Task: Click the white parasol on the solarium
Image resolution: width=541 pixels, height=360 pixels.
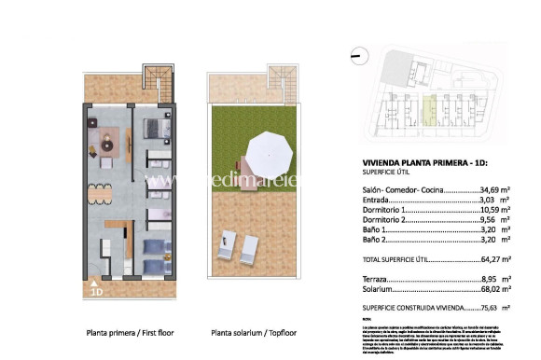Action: (x=270, y=149)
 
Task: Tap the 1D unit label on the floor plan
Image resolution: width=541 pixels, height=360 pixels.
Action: (x=96, y=291)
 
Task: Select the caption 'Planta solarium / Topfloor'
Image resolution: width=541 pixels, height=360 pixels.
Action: (x=249, y=332)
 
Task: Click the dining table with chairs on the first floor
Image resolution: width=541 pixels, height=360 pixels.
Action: (x=99, y=194)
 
